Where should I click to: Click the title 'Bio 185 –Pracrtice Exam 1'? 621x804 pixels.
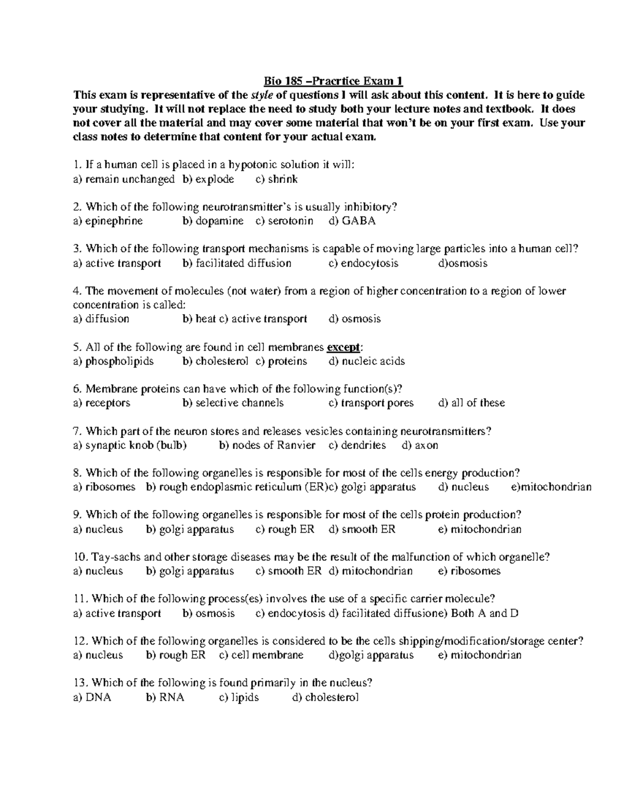click(333, 81)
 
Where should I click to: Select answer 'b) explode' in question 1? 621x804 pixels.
click(208, 179)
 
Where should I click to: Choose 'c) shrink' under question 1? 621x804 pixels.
click(276, 179)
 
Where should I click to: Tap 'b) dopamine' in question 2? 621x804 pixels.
click(213, 221)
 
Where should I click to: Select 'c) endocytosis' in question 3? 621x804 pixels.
click(363, 263)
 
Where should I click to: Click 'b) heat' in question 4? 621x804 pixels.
click(199, 319)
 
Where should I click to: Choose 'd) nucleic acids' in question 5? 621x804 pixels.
click(366, 361)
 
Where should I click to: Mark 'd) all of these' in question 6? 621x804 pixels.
click(471, 403)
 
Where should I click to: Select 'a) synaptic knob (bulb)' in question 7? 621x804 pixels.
click(130, 445)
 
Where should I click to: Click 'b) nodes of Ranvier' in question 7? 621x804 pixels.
click(267, 445)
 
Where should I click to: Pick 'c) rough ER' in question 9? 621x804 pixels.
click(284, 529)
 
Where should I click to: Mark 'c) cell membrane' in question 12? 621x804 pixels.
click(261, 655)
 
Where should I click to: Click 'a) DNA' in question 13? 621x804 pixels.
click(92, 697)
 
